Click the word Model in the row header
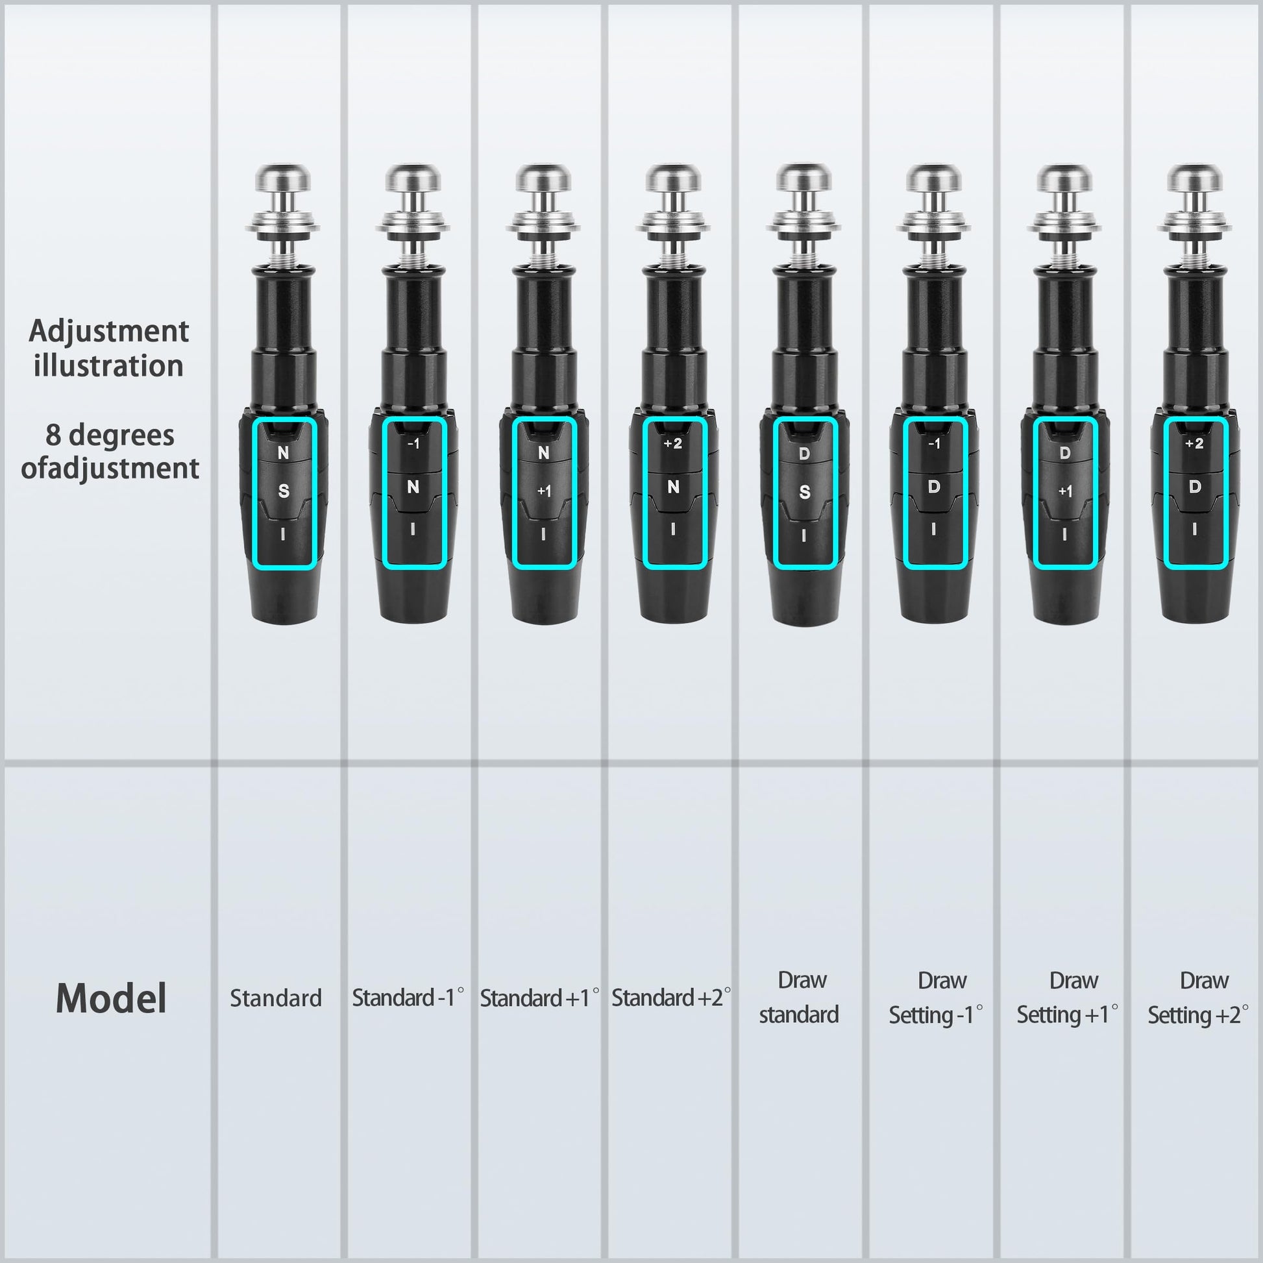click(x=111, y=998)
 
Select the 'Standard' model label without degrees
click(x=276, y=998)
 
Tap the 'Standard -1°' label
click(x=408, y=998)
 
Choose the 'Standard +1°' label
click(x=539, y=998)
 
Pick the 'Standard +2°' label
click(x=671, y=998)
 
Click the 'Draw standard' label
click(x=800, y=997)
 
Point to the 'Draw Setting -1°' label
click(x=936, y=998)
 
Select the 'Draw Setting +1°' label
click(x=1068, y=998)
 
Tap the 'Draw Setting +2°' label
click(x=1198, y=998)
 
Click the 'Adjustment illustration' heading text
click(x=108, y=349)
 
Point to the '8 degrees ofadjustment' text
click(x=110, y=452)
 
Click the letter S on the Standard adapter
click(x=283, y=491)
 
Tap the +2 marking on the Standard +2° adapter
click(x=672, y=444)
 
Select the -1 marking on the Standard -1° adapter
click(x=413, y=444)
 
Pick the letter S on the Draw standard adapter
click(x=805, y=491)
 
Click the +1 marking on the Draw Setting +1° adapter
click(x=1065, y=491)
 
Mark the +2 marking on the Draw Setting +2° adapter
click(x=1194, y=444)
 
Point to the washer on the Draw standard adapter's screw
click(x=804, y=227)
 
